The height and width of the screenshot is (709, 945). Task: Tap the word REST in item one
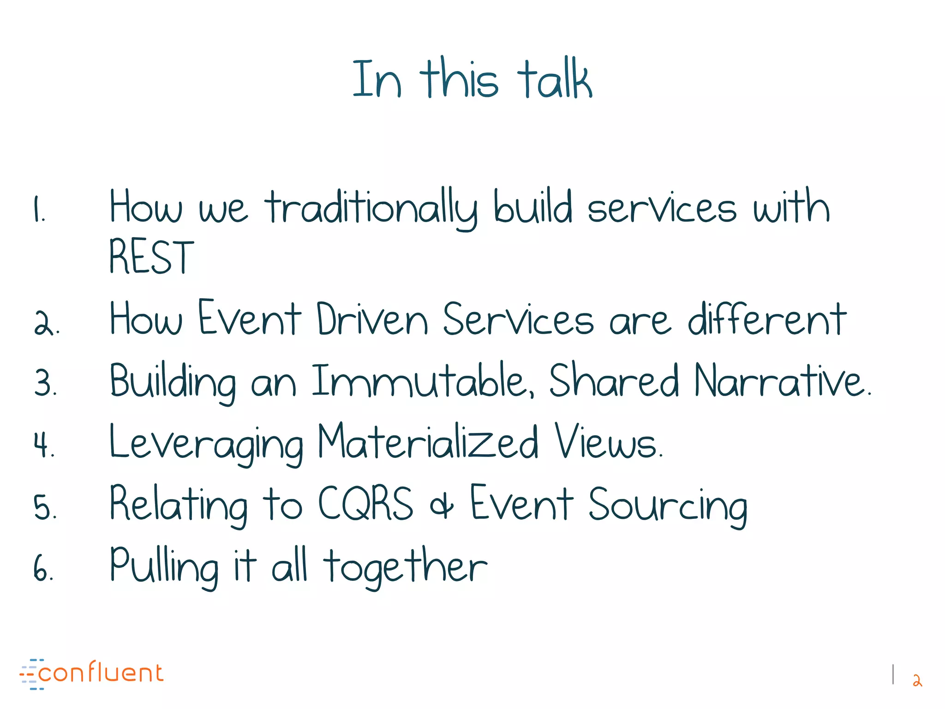point(151,257)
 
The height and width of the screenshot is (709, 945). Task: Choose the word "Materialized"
point(428,442)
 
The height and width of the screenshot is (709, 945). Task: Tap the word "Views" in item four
point(607,442)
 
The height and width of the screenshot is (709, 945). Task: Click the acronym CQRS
point(365,504)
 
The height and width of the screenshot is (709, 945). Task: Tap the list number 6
point(43,568)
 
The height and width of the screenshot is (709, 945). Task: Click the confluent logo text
point(101,673)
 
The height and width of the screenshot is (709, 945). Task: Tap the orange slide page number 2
point(917,680)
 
